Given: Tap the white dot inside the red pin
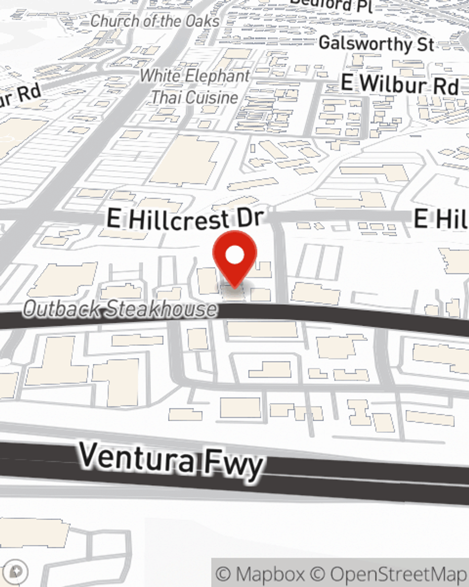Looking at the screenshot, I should tap(234, 255).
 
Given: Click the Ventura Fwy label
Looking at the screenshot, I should tap(171, 460).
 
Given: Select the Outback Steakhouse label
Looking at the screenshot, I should tap(120, 309).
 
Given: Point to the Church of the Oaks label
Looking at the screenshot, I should tap(155, 21).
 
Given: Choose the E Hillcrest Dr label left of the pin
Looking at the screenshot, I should tap(186, 219).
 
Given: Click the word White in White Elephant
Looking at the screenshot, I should tap(159, 76).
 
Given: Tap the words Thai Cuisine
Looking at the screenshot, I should tap(195, 97).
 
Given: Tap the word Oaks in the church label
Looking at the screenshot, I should tap(203, 21).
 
